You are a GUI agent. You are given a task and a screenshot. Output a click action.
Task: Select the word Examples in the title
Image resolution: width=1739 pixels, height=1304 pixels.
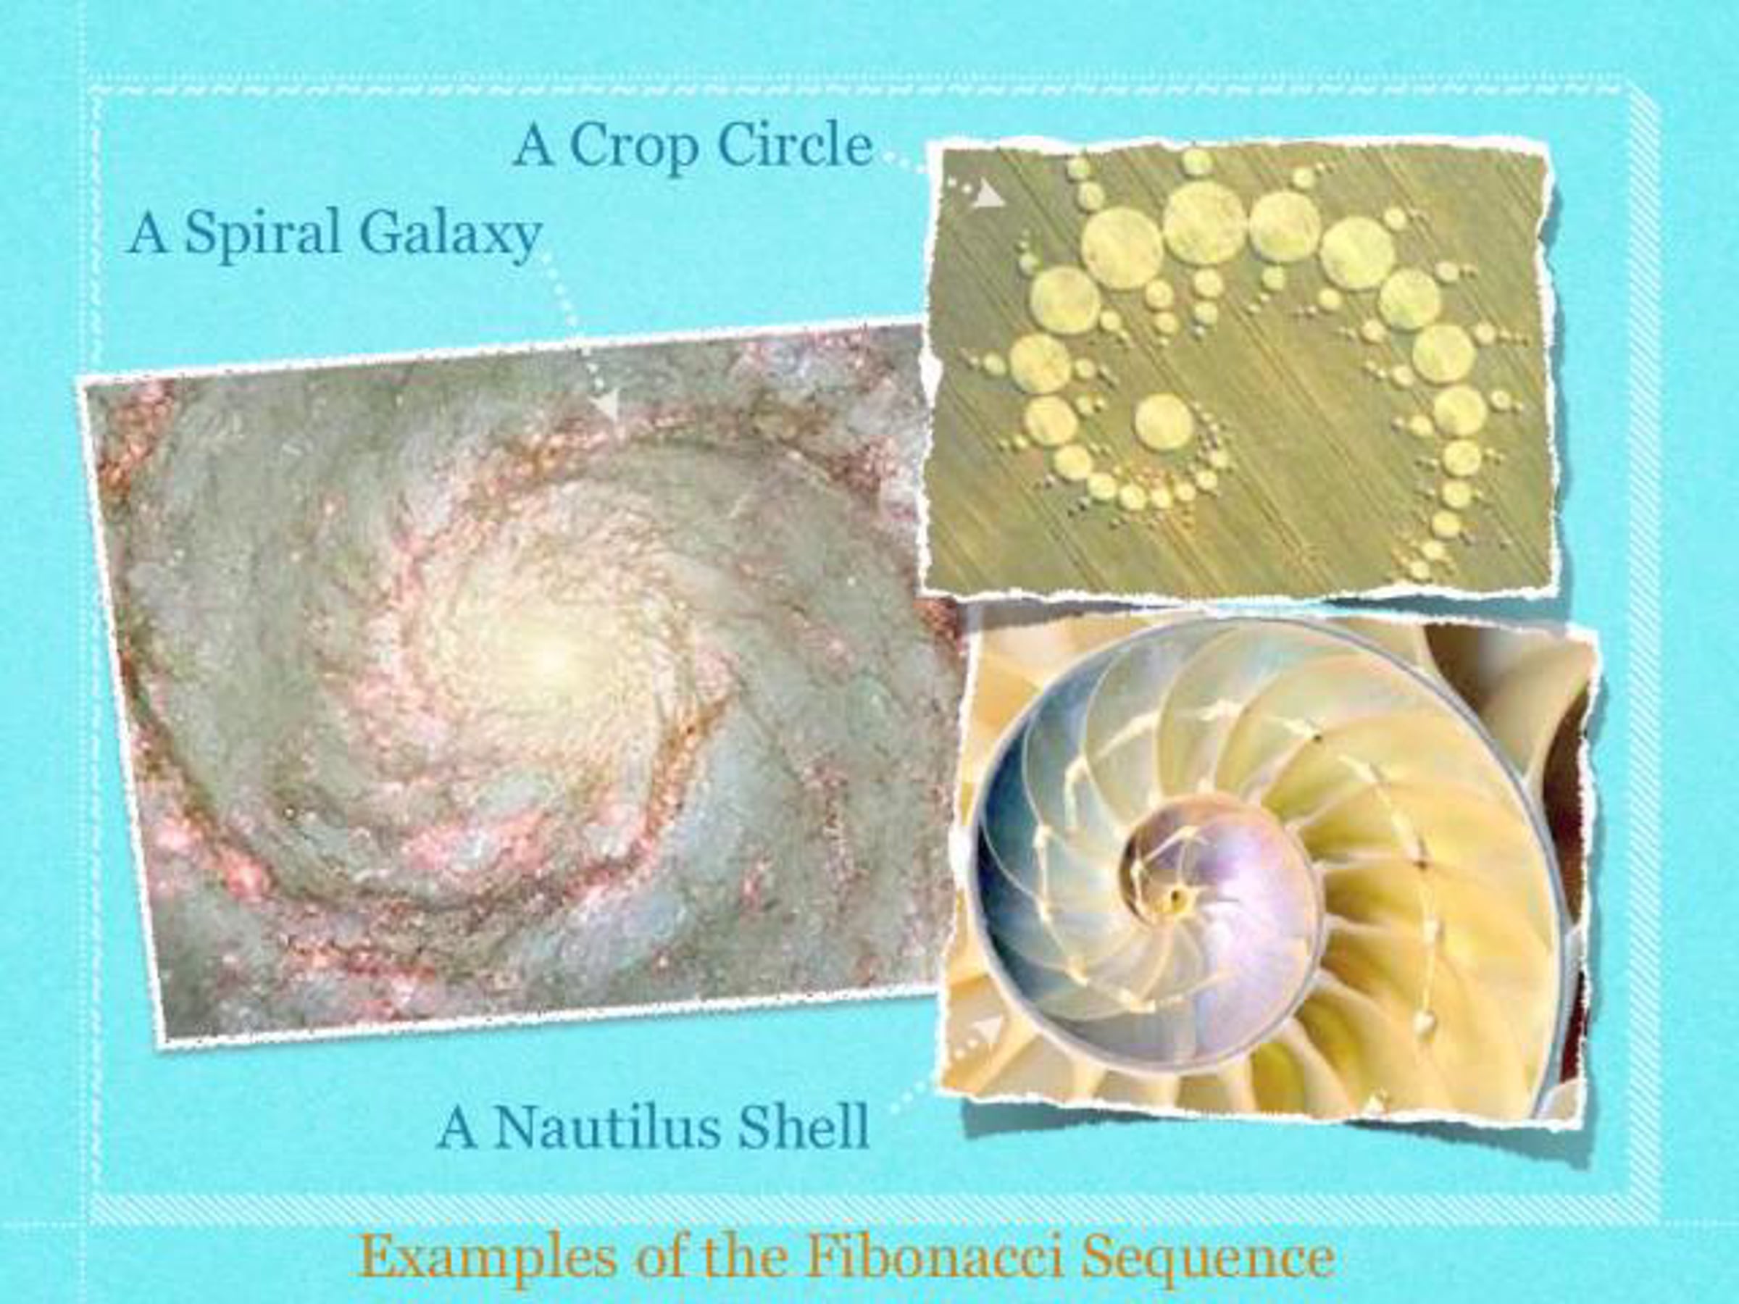tap(487, 1260)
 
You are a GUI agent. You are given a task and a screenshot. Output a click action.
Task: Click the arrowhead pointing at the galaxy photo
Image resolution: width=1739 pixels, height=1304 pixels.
tap(607, 404)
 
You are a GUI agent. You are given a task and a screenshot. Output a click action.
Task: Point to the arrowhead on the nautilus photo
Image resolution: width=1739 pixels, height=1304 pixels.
tap(989, 1028)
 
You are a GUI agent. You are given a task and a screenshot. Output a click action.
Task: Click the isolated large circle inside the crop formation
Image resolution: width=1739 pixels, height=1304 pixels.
tap(1164, 422)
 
